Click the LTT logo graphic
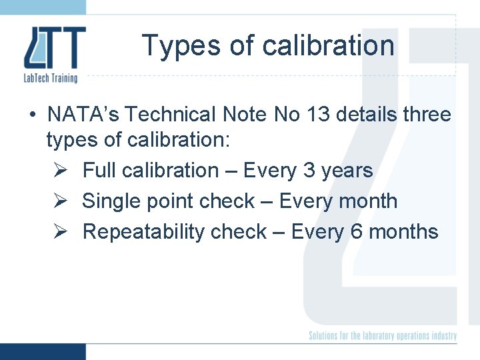55,48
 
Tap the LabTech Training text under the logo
51,78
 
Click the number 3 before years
309,171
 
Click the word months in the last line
403,232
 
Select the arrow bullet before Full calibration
58,171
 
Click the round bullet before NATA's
32,115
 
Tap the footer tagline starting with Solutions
382,336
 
